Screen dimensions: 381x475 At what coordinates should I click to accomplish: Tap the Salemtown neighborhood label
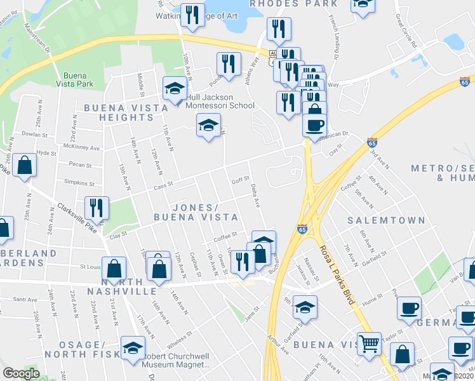coord(386,220)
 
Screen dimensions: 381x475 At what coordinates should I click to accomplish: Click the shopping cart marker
coord(369,344)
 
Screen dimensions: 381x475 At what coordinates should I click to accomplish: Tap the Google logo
coord(21,373)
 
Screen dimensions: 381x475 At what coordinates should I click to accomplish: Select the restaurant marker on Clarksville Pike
coord(97,208)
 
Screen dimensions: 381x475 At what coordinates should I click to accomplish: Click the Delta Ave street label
coord(255,196)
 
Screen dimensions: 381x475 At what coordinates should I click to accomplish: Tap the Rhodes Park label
coord(293,4)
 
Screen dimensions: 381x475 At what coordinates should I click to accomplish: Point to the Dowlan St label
coord(34,135)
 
